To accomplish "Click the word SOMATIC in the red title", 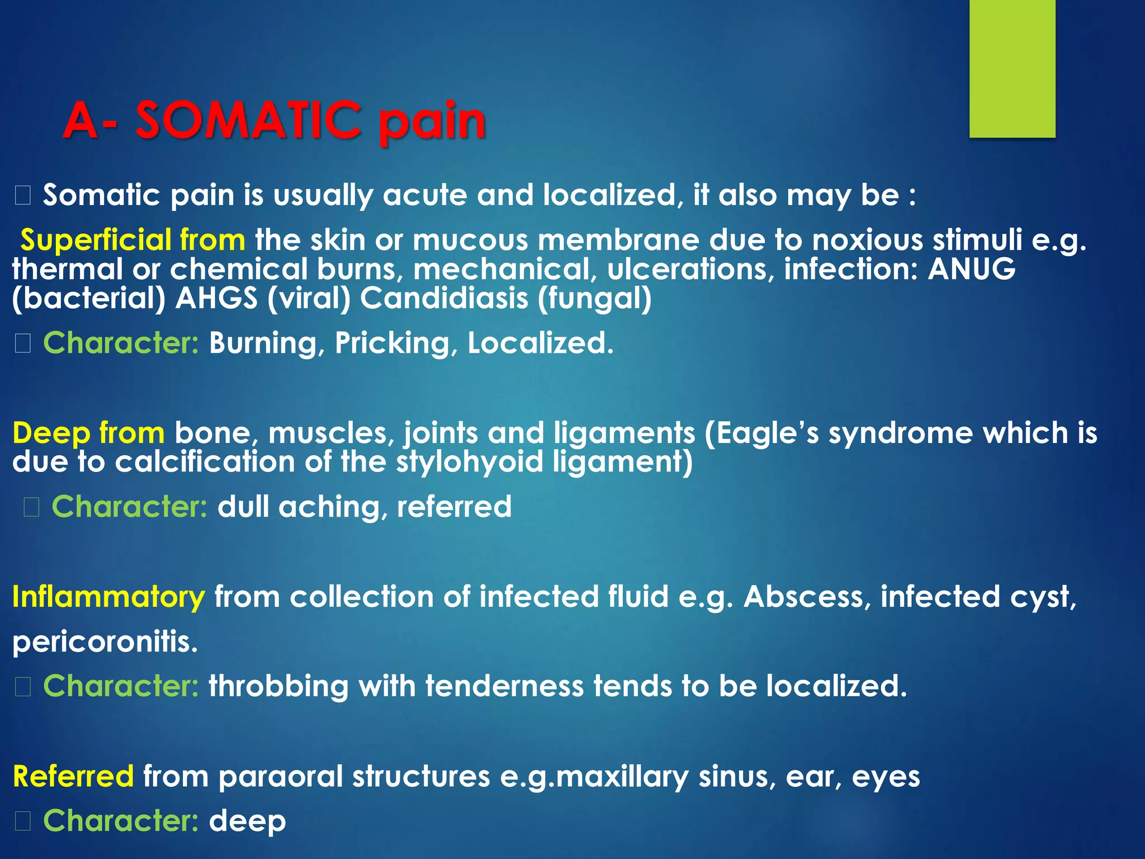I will click(x=248, y=120).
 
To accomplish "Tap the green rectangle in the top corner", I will click(x=1012, y=68).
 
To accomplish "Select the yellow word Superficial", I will click(x=95, y=240).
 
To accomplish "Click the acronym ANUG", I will click(x=972, y=269).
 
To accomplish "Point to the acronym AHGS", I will click(x=216, y=298).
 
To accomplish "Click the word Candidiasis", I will click(x=444, y=298).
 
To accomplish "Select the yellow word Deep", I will click(x=50, y=433).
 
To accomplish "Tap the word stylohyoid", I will click(x=470, y=462).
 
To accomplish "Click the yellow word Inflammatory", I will click(x=108, y=596).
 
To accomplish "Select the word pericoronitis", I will click(x=105, y=641).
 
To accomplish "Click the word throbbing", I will click(x=278, y=686).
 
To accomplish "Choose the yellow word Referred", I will click(x=73, y=776).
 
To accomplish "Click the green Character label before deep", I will click(x=121, y=820).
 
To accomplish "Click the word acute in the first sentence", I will click(x=425, y=195).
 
